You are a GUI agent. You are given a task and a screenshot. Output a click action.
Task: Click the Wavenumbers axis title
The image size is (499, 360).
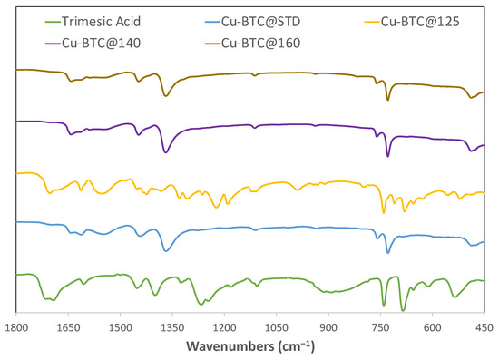249,346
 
